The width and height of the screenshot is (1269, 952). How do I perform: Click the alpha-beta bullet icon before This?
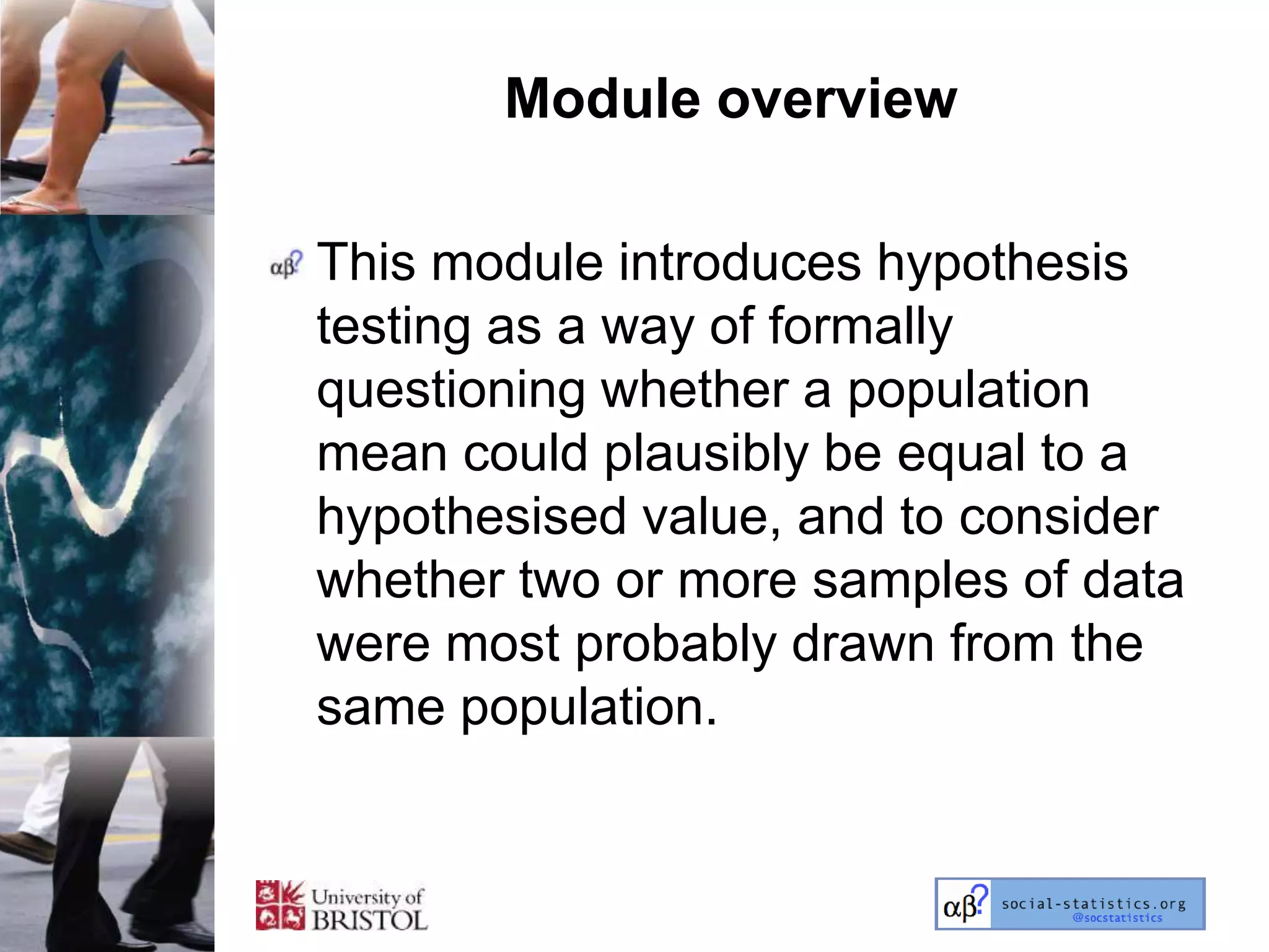tap(286, 265)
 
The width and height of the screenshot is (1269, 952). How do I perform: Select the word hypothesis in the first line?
tap(1002, 263)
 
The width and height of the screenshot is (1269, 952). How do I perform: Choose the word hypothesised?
tap(472, 518)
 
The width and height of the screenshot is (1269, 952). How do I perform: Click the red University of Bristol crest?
tap(280, 906)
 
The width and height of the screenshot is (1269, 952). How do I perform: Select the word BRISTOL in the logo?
tap(369, 919)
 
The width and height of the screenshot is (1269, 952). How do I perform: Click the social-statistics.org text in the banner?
tap(1094, 904)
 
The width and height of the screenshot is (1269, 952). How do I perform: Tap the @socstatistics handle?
tap(1117, 918)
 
